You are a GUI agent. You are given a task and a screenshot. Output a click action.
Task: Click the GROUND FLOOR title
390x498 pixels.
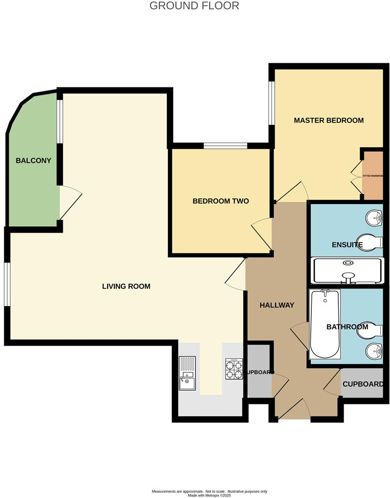tap(194, 6)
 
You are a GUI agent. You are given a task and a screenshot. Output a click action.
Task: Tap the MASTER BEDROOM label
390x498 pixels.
tap(329, 120)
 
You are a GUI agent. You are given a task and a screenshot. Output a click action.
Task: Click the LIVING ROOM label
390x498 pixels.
tap(126, 286)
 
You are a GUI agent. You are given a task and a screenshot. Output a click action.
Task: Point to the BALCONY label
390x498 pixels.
tap(33, 161)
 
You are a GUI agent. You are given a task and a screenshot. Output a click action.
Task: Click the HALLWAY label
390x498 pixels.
tap(277, 305)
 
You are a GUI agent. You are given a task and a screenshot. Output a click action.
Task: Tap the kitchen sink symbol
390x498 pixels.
tap(187, 373)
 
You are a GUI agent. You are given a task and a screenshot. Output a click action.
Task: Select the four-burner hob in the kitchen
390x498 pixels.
tap(234, 369)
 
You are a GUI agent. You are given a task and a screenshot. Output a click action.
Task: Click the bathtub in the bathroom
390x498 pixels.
tap(325, 323)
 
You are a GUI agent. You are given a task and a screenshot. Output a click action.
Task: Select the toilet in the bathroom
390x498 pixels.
tap(372, 330)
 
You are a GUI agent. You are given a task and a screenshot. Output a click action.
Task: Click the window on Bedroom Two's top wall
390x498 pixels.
tap(225, 146)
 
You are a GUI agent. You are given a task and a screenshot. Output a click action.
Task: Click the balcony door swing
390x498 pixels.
tap(69, 203)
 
